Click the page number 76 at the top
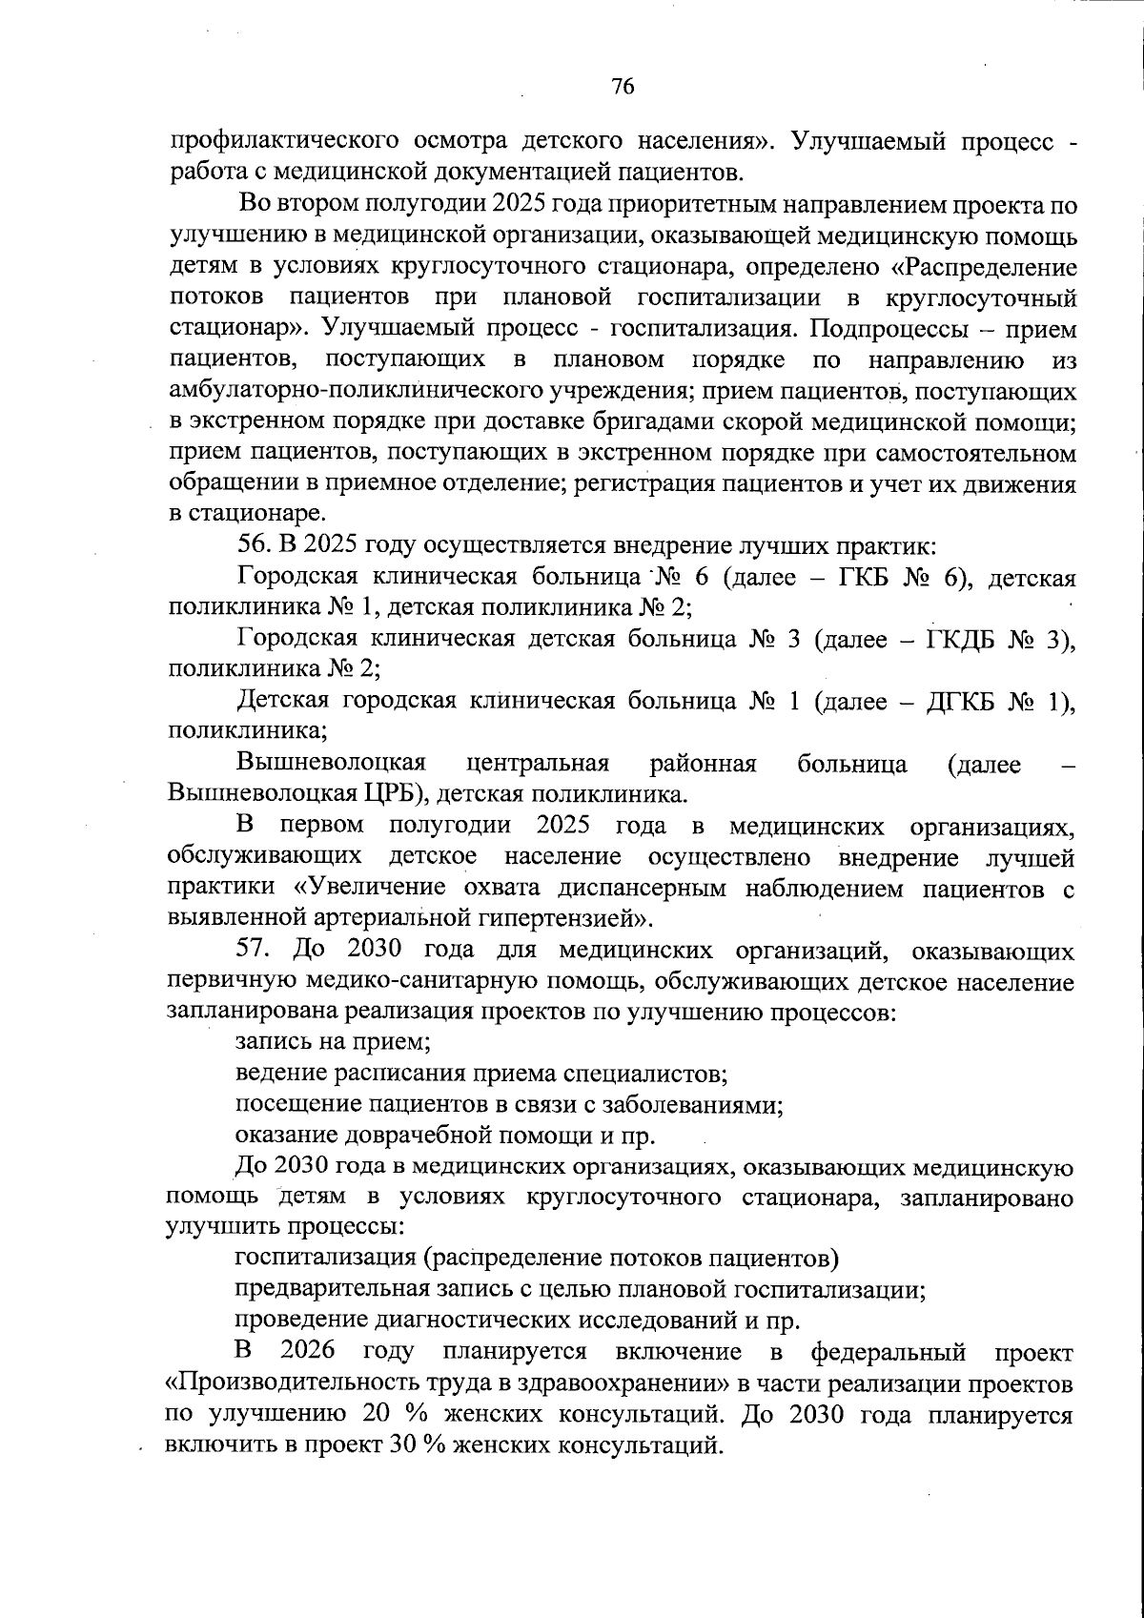[x=622, y=87]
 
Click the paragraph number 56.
[x=255, y=546]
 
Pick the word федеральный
[x=888, y=1352]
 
